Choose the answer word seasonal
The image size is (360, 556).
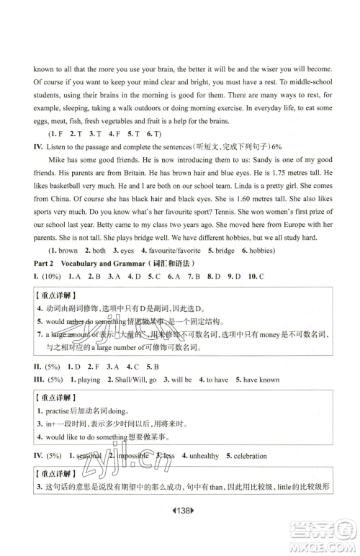click(89, 456)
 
